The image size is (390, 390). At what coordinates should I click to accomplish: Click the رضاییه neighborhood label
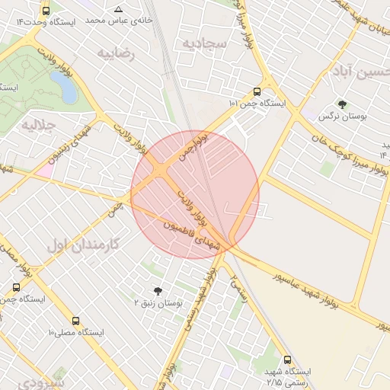[115, 53]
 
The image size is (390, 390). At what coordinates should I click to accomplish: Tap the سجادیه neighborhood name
[204, 43]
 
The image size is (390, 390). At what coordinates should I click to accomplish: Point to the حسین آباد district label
[360, 73]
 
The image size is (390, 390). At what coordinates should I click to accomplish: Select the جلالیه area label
[40, 124]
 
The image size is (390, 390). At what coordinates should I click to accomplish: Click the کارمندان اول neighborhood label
[84, 245]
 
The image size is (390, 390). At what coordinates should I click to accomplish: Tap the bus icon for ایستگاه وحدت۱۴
[46, 11]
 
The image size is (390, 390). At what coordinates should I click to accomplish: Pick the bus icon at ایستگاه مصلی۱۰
[75, 321]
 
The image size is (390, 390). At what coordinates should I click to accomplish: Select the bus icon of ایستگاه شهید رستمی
[286, 360]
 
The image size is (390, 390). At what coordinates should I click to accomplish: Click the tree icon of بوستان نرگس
[341, 104]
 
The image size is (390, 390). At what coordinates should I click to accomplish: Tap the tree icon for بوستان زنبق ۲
[158, 291]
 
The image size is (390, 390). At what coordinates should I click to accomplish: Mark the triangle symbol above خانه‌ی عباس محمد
[117, 10]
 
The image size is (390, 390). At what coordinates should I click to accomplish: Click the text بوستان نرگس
[338, 117]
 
